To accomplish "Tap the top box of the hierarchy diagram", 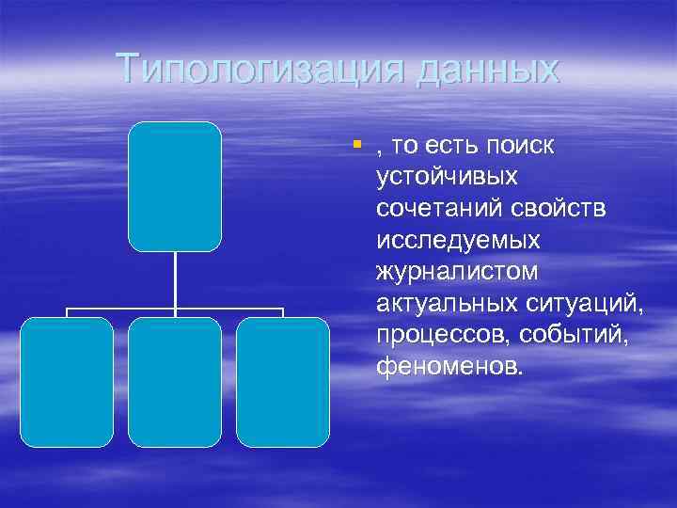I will coord(175,186).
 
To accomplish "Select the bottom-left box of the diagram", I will coord(67,381).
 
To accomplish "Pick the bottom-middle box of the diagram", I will coord(175,381).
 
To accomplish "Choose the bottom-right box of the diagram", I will coord(283,381).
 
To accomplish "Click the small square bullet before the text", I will coord(357,144).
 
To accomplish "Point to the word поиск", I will coord(519,146).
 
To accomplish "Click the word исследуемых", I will coord(458,240).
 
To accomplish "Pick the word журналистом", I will coord(458,272).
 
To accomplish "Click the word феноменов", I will coord(446,366).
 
